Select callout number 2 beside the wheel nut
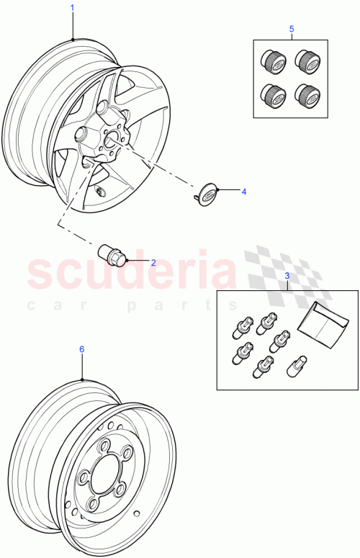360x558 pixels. click(153, 262)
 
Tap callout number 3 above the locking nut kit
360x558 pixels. click(287, 276)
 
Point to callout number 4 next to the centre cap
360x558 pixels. click(243, 192)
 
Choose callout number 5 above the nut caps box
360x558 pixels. click(292, 29)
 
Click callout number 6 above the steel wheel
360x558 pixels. click(81, 348)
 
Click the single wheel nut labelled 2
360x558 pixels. click(113, 254)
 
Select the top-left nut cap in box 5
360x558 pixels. click(274, 60)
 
